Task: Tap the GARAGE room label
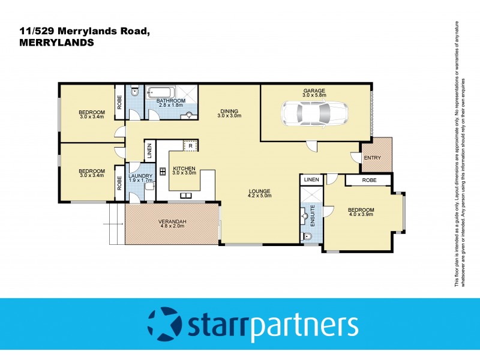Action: (x=314, y=91)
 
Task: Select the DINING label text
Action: (x=229, y=111)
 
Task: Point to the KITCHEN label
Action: (x=185, y=169)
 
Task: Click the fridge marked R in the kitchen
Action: (x=190, y=145)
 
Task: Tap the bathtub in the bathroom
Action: (x=162, y=93)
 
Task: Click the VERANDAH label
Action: (x=173, y=222)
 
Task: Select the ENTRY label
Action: (x=372, y=157)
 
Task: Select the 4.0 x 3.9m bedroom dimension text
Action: (x=361, y=214)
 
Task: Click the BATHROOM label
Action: (x=170, y=101)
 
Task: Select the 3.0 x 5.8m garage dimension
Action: (x=314, y=95)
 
